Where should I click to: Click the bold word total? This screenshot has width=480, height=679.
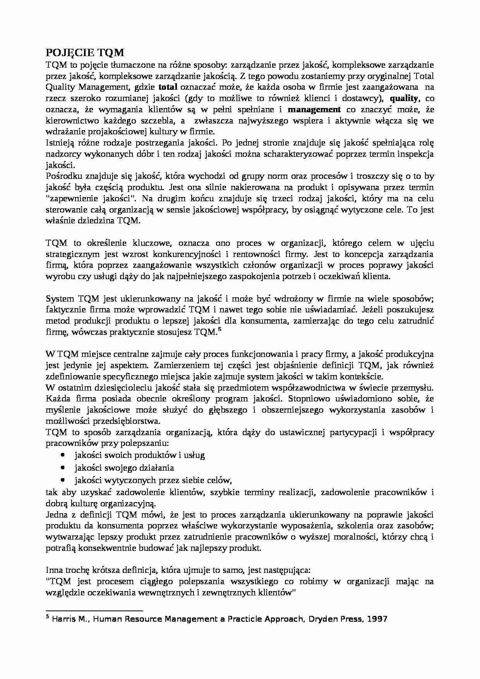[168, 87]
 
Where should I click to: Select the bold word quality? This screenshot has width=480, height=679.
[404, 98]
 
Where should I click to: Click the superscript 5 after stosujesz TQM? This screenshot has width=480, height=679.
[219, 329]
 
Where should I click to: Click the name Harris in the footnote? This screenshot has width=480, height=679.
[62, 619]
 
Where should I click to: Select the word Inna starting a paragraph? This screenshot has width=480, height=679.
[54, 570]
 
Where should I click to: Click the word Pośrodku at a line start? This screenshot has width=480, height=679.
[62, 176]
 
